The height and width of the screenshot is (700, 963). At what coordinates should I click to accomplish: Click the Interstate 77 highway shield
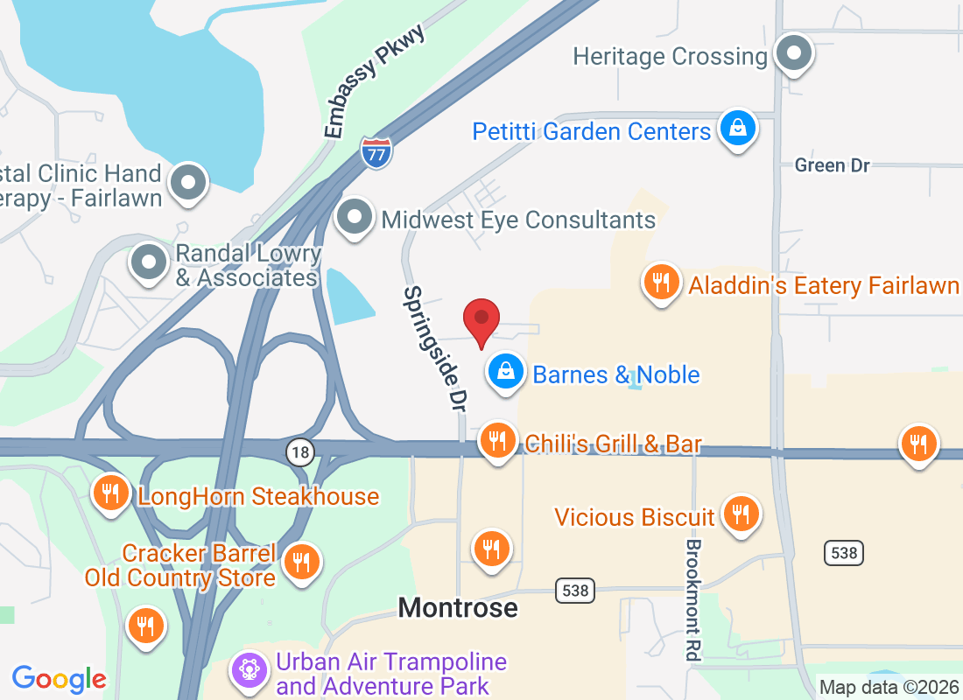(376, 152)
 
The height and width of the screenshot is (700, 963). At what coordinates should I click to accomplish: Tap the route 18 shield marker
(300, 451)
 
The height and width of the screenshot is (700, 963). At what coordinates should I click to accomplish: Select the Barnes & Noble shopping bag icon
(506, 372)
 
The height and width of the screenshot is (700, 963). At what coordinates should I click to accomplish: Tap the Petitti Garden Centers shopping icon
(738, 129)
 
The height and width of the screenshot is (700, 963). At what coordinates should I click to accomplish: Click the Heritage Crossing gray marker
(794, 54)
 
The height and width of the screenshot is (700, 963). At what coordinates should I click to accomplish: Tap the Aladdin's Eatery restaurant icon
(662, 283)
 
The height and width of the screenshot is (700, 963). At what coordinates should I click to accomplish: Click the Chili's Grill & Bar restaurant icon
(498, 440)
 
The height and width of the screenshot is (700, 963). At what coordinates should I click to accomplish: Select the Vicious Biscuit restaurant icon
(742, 514)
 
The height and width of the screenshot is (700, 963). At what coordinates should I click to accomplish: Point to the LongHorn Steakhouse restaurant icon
(111, 494)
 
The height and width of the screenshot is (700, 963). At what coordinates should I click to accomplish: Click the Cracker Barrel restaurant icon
(302, 561)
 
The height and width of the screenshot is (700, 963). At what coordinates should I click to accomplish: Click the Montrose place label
(458, 607)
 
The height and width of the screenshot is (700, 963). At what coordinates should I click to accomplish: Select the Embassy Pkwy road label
(374, 81)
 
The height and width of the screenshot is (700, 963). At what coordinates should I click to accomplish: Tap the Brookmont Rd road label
(693, 598)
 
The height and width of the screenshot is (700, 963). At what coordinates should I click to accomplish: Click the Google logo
(60, 679)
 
